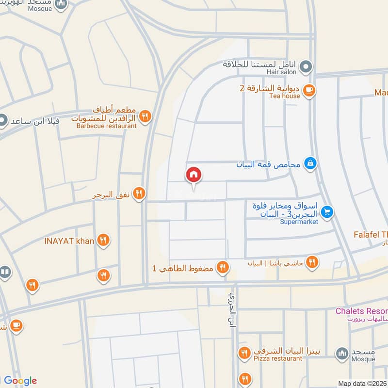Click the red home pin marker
pos(194,175)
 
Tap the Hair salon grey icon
pos(306,66)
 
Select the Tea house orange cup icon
pos(309,89)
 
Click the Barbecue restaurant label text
pos(107,126)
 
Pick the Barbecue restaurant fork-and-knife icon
pos(145,116)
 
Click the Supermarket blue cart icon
pos(327,212)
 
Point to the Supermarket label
pos(299,222)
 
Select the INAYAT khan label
pos(69,240)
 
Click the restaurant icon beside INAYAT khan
pos(103,240)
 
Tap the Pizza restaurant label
pos(278,358)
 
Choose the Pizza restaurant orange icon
pos(244,353)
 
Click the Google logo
pos(20,381)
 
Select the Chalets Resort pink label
pos(362,311)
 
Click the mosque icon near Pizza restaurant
pos(343,353)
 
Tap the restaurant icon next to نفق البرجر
pos(139,194)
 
